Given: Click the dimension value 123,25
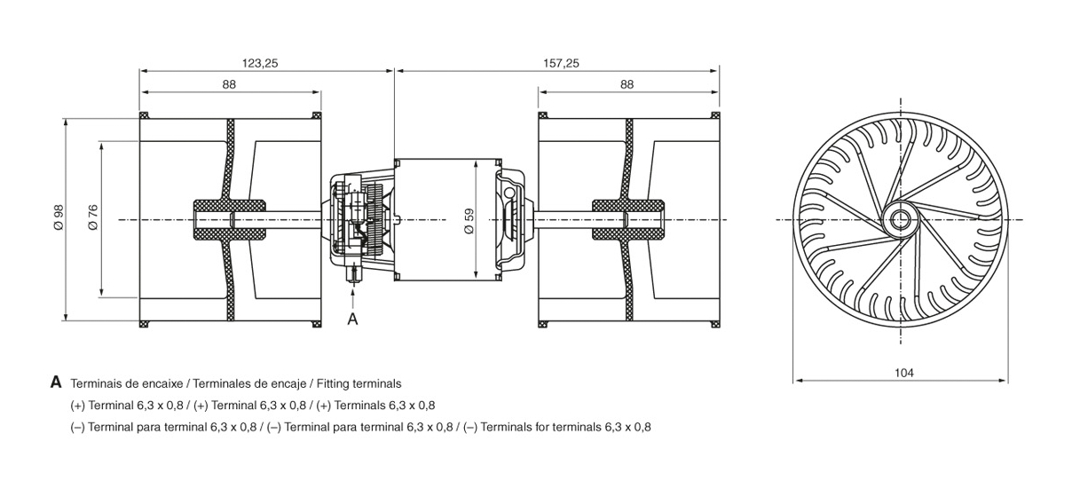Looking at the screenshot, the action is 260,63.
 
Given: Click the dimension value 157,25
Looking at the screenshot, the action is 561,63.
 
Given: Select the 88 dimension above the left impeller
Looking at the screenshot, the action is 229,84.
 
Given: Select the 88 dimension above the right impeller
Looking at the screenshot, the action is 627,84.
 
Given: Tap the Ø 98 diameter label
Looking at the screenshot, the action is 59,217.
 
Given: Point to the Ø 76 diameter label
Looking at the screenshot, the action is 93,217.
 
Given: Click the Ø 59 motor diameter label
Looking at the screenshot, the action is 469,221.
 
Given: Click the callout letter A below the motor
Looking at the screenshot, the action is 352,319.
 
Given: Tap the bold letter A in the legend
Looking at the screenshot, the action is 56,383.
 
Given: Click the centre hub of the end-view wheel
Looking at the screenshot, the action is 900,220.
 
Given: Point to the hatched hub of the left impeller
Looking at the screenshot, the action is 230,219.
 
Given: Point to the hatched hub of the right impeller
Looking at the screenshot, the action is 628,219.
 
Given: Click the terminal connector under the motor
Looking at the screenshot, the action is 354,273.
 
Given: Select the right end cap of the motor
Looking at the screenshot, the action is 514,220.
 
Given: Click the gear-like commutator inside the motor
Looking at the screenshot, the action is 375,220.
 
